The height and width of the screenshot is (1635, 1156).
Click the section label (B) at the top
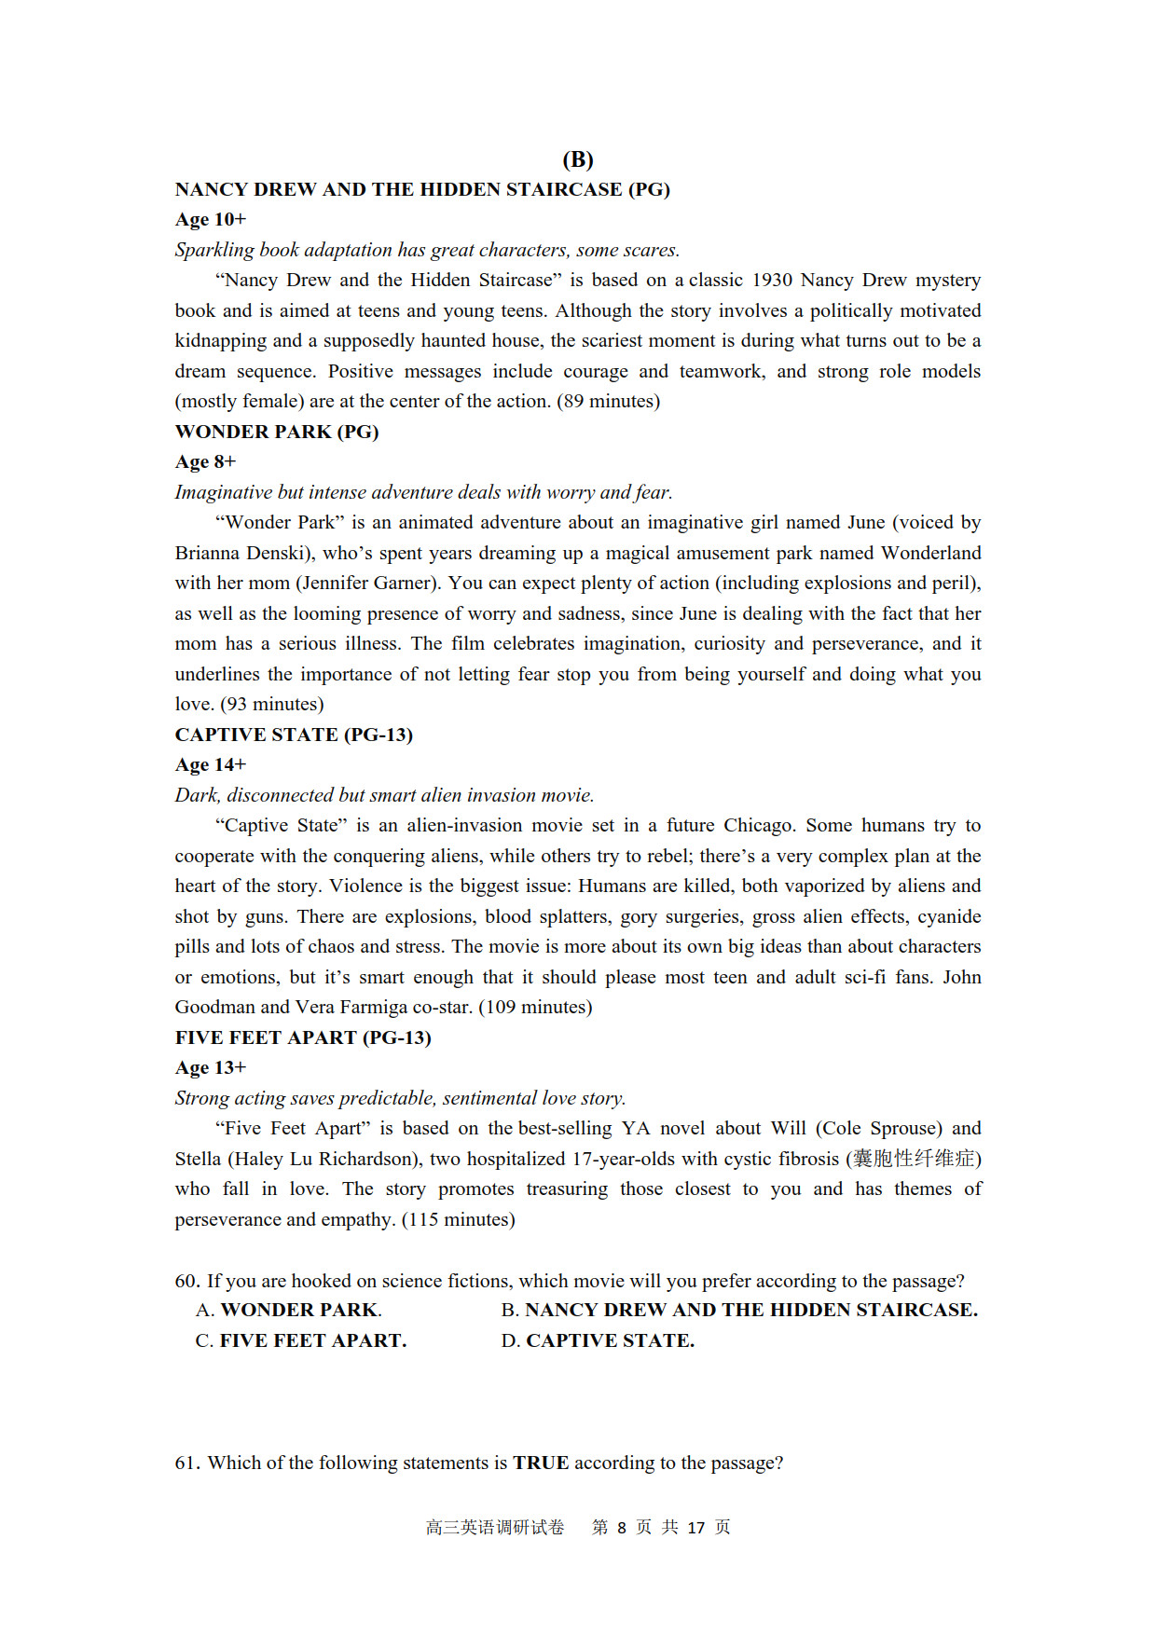pyautogui.click(x=578, y=159)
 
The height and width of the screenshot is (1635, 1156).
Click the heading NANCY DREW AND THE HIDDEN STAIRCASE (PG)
pyautogui.click(x=422, y=189)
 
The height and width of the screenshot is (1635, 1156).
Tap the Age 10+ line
pyautogui.click(x=211, y=220)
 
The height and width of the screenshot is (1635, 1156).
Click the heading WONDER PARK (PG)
pyautogui.click(x=277, y=432)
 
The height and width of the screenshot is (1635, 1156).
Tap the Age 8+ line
pyautogui.click(x=206, y=462)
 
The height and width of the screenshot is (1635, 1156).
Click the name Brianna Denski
pyautogui.click(x=241, y=553)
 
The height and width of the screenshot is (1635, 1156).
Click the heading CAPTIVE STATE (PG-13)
pyautogui.click(x=294, y=735)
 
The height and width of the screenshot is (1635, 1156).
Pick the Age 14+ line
pyautogui.click(x=211, y=765)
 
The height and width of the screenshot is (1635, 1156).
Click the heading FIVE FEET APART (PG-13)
pyautogui.click(x=303, y=1037)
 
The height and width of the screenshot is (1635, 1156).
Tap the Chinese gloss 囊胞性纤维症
pyautogui.click(x=914, y=1159)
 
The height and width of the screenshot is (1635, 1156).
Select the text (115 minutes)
pyautogui.click(x=458, y=1219)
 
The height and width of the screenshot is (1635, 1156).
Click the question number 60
pyautogui.click(x=186, y=1281)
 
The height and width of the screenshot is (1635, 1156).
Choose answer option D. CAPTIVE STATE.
pyautogui.click(x=598, y=1340)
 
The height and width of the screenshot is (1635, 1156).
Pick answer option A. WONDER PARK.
pyautogui.click(x=289, y=1310)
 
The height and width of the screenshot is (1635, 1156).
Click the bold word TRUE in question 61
pyautogui.click(x=541, y=1463)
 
